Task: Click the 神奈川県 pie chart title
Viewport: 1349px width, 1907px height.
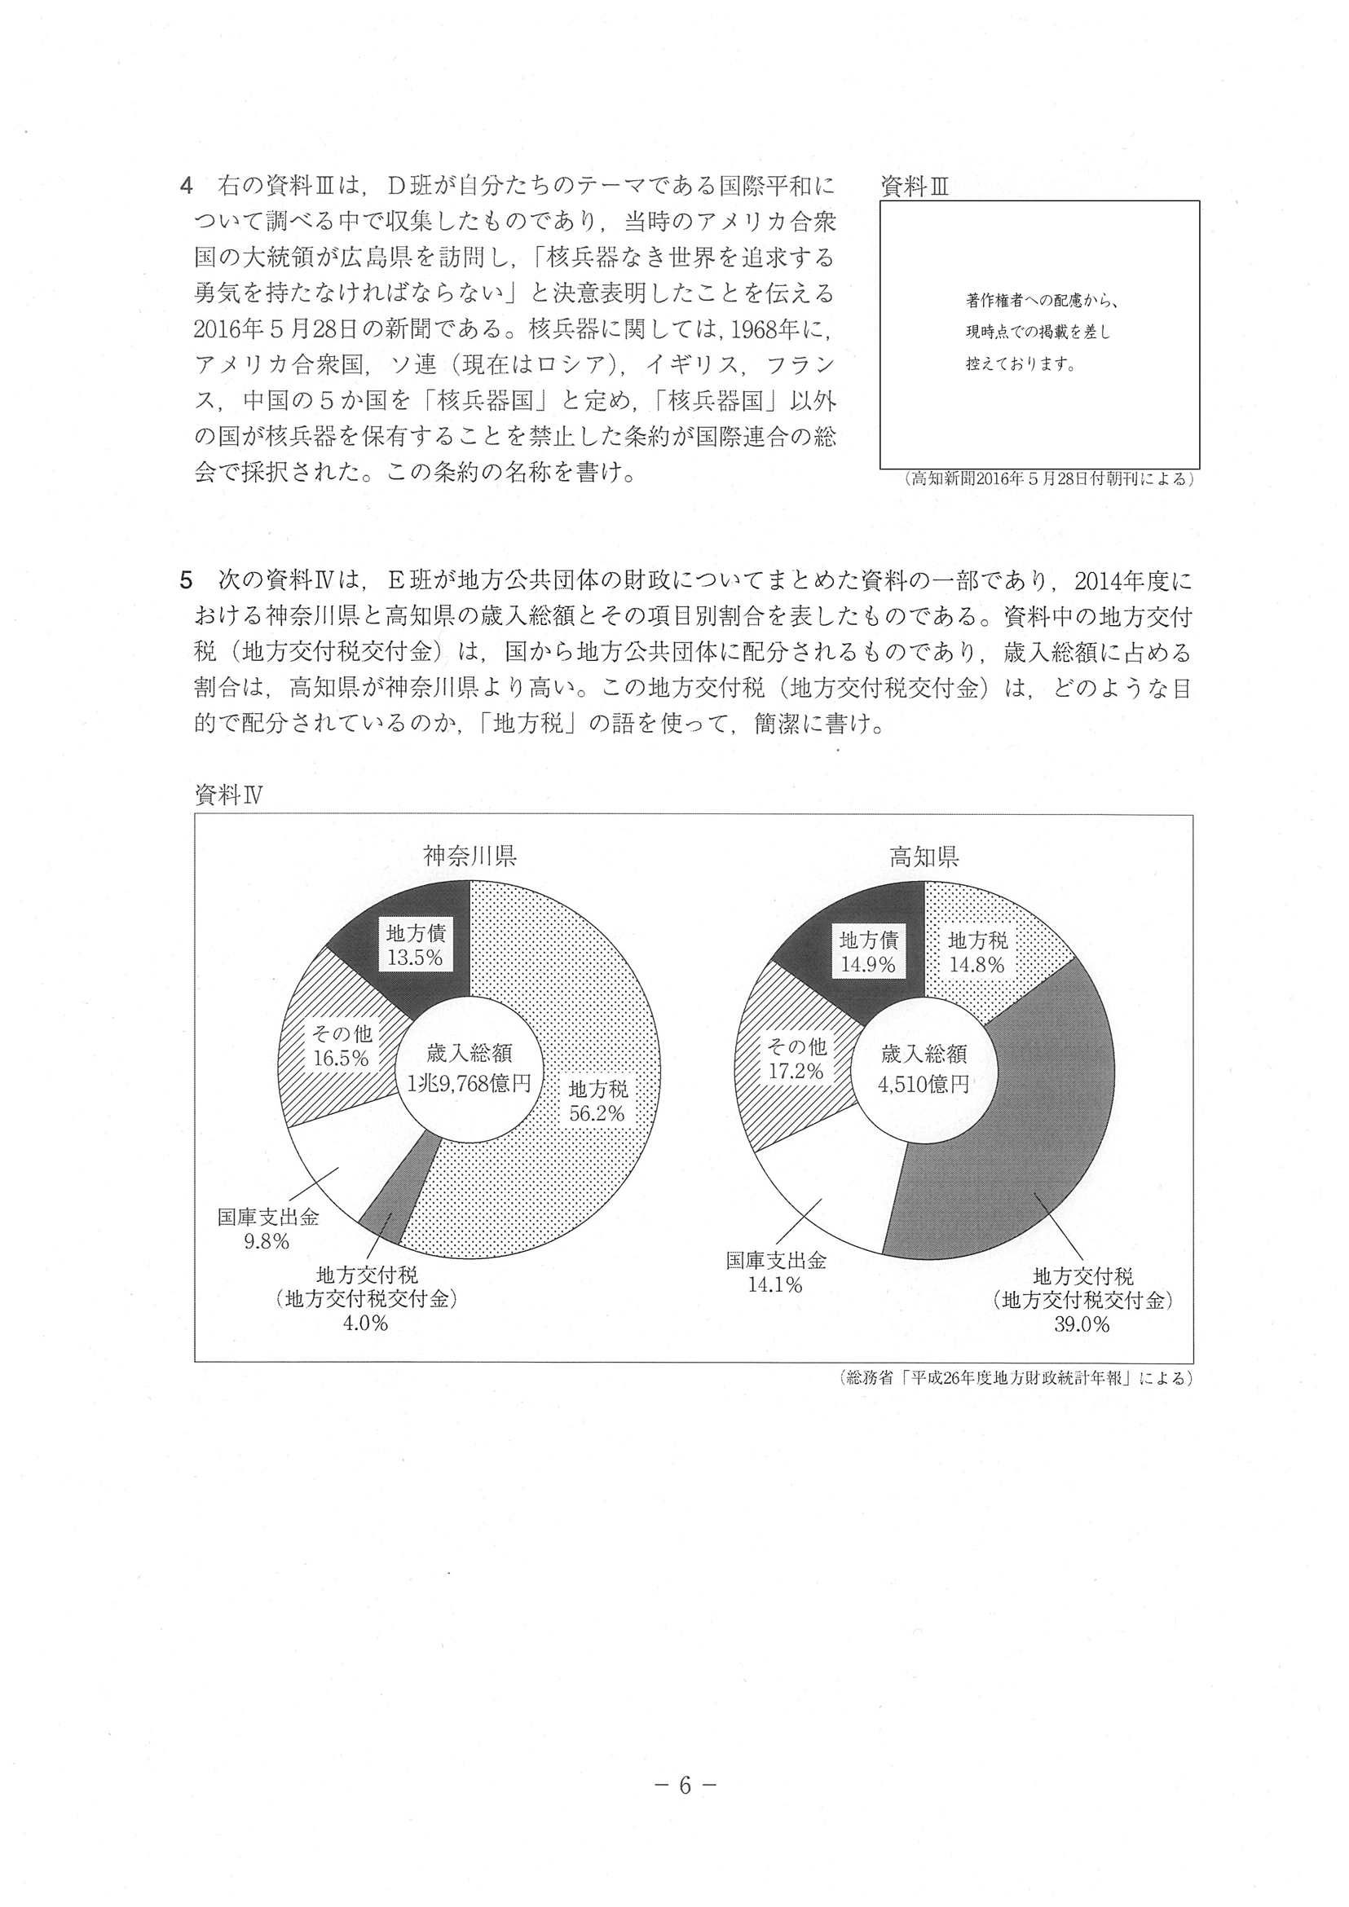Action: [x=470, y=857]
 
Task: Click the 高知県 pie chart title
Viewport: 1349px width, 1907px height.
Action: [x=924, y=857]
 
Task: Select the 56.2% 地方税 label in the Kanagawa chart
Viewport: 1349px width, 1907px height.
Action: [x=597, y=1100]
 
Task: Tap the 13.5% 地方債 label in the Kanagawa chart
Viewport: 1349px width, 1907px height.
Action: [x=416, y=945]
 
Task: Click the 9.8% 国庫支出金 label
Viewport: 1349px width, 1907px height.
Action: [x=267, y=1229]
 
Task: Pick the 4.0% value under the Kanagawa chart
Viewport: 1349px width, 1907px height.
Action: [x=365, y=1324]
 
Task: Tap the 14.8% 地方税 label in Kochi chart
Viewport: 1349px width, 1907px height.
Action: [x=976, y=952]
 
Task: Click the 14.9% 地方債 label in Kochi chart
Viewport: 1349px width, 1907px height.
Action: [x=868, y=952]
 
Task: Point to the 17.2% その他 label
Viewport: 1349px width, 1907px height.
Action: [x=796, y=1059]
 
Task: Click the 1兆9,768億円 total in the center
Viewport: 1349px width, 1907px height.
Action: [x=470, y=1083]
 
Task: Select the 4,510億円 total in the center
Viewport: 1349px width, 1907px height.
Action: [x=924, y=1083]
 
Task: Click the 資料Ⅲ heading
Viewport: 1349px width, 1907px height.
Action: [x=914, y=187]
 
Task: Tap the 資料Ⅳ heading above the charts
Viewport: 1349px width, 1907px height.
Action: [x=228, y=795]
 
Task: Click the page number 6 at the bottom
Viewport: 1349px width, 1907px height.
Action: [x=685, y=1786]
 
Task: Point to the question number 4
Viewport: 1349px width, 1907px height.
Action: [x=186, y=185]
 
